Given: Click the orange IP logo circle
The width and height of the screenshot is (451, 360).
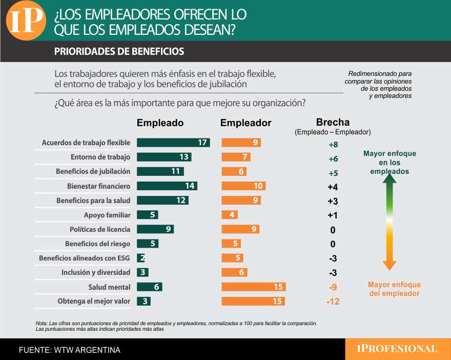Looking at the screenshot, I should click(26, 20).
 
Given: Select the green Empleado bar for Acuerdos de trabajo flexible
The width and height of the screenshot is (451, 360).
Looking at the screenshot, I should click(173, 143).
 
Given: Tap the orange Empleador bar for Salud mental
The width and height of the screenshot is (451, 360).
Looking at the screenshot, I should click(253, 287).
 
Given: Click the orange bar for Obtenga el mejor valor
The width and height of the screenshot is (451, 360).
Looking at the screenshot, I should click(253, 301).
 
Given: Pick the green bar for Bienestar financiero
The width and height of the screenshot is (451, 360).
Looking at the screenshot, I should click(167, 186).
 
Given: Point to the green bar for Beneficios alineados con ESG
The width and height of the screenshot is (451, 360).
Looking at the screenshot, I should click(141, 258).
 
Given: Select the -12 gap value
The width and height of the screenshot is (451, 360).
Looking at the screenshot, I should click(333, 302).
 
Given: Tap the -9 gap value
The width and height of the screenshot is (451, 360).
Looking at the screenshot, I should click(333, 287).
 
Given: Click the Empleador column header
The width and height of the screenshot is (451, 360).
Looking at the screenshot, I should click(245, 123).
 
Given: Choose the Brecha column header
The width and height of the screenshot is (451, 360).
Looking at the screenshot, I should click(333, 122).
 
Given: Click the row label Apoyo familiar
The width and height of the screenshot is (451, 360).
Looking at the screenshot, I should click(107, 215).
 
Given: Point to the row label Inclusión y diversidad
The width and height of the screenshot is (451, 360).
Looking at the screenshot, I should click(96, 272).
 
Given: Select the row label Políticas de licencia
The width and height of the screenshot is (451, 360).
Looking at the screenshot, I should click(100, 229).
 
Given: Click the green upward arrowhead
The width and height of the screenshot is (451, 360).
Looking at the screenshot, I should click(389, 178).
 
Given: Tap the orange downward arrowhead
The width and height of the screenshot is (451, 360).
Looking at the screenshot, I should click(389, 265).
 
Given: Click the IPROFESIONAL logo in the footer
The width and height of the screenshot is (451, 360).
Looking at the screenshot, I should click(397, 349).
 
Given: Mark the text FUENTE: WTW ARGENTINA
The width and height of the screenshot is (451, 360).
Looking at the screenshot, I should click(70, 350).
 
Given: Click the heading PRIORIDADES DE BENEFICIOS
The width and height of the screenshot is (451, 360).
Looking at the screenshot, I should click(119, 52).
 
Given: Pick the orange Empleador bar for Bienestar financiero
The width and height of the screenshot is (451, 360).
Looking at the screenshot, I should click(243, 186).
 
